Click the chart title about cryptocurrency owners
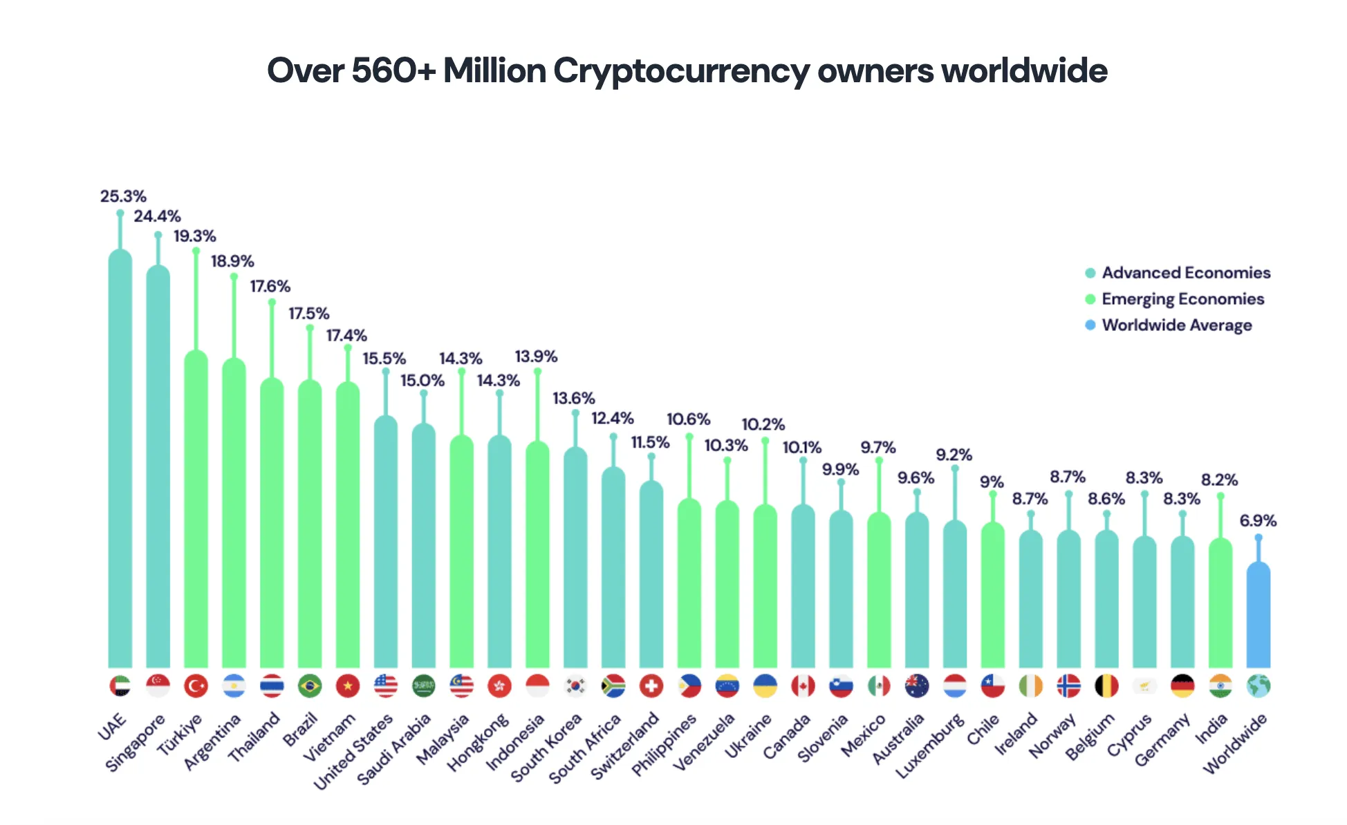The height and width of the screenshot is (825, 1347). [x=687, y=71]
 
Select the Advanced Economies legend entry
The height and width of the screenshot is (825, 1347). [x=1185, y=273]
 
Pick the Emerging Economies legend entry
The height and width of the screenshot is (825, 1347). [x=1182, y=299]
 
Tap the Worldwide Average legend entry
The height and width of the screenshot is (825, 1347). [x=1176, y=325]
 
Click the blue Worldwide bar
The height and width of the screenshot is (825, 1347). [x=1258, y=615]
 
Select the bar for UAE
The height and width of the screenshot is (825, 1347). [x=120, y=456]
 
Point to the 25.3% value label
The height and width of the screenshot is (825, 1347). [x=123, y=197]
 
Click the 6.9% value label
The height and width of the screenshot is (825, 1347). [x=1258, y=521]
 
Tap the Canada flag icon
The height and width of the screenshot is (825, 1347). [x=803, y=686]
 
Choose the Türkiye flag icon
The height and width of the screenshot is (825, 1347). [x=196, y=686]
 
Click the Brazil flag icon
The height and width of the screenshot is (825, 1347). [x=310, y=686]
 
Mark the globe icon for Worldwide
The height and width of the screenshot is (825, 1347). [x=1258, y=686]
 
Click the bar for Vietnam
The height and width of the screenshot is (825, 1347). [x=348, y=525]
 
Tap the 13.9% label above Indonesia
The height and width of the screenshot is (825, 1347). [x=536, y=357]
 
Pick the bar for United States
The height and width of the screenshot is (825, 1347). [x=386, y=542]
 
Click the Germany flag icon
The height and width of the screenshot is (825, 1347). [x=1182, y=686]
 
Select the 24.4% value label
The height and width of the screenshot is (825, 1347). [x=157, y=217]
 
